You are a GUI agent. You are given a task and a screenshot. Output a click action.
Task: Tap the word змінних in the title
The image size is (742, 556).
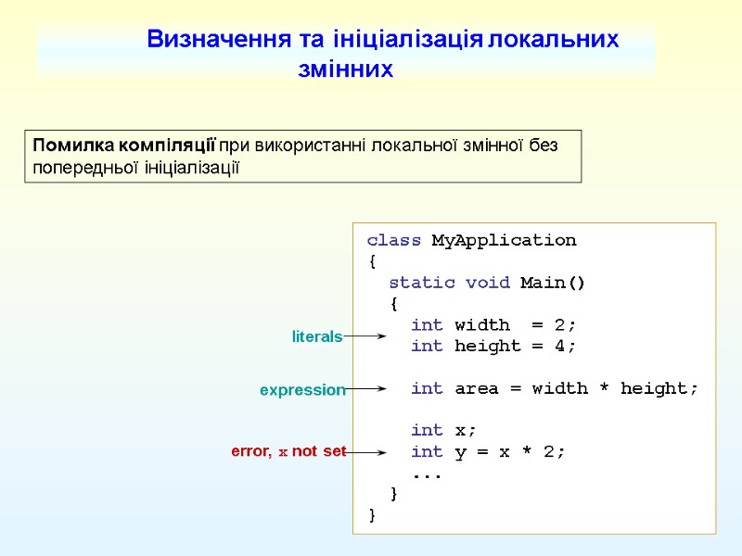(345, 69)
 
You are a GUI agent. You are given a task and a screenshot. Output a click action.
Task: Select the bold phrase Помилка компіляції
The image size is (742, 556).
(123, 145)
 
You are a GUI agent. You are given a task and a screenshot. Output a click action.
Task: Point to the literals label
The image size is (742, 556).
(317, 337)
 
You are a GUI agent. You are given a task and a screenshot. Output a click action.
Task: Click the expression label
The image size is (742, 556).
(302, 391)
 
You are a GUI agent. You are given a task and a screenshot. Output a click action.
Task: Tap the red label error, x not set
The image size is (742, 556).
(288, 452)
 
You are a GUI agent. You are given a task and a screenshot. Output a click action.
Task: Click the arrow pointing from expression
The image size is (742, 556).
(366, 390)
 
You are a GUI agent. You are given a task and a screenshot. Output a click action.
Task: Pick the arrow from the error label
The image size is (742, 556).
(366, 452)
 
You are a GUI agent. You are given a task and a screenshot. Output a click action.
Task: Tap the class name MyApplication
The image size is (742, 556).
(504, 241)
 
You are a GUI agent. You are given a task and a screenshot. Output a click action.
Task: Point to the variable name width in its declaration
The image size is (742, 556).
(481, 325)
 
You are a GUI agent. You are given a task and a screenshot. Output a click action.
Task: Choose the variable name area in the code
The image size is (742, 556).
(476, 389)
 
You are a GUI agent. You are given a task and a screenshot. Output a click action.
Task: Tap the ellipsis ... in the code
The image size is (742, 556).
(427, 474)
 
